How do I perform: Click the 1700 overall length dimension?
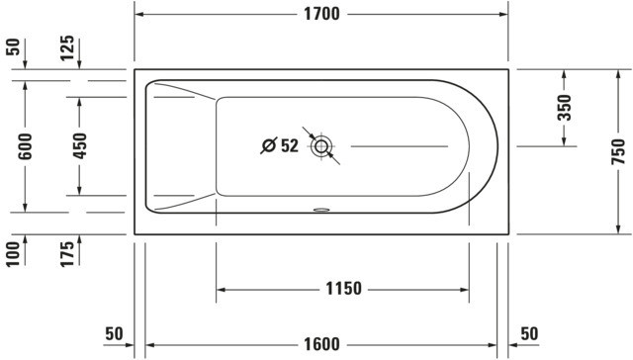pyautogui.click(x=321, y=14)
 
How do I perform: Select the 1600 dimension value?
pyautogui.click(x=321, y=344)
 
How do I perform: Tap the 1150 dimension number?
pyautogui.click(x=343, y=289)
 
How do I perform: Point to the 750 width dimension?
pyautogui.click(x=618, y=151)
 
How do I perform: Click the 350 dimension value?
pyautogui.click(x=565, y=108)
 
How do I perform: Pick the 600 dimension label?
pyautogui.click(x=25, y=146)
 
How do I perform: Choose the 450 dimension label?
pyautogui.click(x=79, y=145)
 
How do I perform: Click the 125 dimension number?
pyautogui.click(x=67, y=48)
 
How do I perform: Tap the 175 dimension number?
pyautogui.click(x=67, y=254)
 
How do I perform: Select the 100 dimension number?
pyautogui.click(x=13, y=254)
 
